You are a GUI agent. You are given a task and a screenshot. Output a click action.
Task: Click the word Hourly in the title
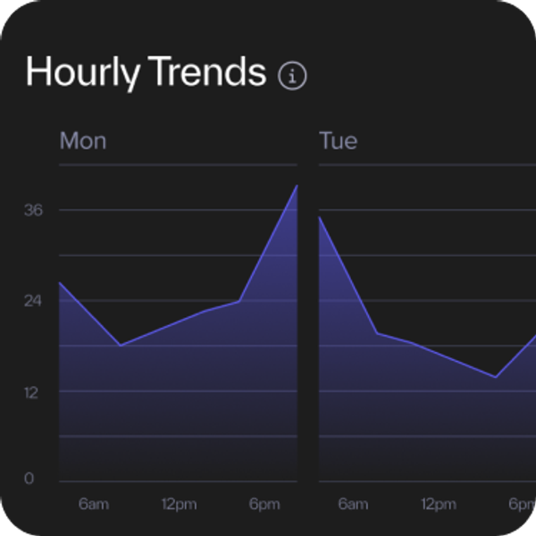82,72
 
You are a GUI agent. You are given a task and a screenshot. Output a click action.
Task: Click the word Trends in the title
207,72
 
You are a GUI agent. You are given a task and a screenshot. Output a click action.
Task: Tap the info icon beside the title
292,76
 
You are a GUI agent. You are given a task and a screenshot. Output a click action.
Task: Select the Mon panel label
83,141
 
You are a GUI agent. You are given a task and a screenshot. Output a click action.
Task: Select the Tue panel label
339,141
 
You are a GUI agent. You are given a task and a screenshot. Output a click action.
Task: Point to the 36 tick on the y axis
34,210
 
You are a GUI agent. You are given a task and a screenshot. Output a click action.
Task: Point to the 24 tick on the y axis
34,300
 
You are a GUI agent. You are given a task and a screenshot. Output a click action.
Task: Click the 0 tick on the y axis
29,480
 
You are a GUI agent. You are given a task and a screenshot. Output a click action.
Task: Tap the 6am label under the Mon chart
93,505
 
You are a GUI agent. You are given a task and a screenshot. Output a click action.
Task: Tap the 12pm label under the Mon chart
179,505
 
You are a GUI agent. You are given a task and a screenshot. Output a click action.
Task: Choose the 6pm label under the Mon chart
264,505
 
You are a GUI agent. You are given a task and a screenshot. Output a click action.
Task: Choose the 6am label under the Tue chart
353,505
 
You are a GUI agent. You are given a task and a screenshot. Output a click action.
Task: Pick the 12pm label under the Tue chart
438,505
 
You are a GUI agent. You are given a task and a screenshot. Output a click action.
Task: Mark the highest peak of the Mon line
297,186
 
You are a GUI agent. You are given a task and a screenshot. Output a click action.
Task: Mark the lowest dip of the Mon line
120,345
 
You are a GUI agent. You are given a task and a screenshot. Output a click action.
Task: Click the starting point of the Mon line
60,283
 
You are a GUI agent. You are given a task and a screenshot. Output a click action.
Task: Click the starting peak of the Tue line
320,218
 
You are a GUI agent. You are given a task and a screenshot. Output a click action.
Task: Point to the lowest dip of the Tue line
496,377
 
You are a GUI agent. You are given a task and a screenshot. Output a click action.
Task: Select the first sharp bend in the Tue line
376,333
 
